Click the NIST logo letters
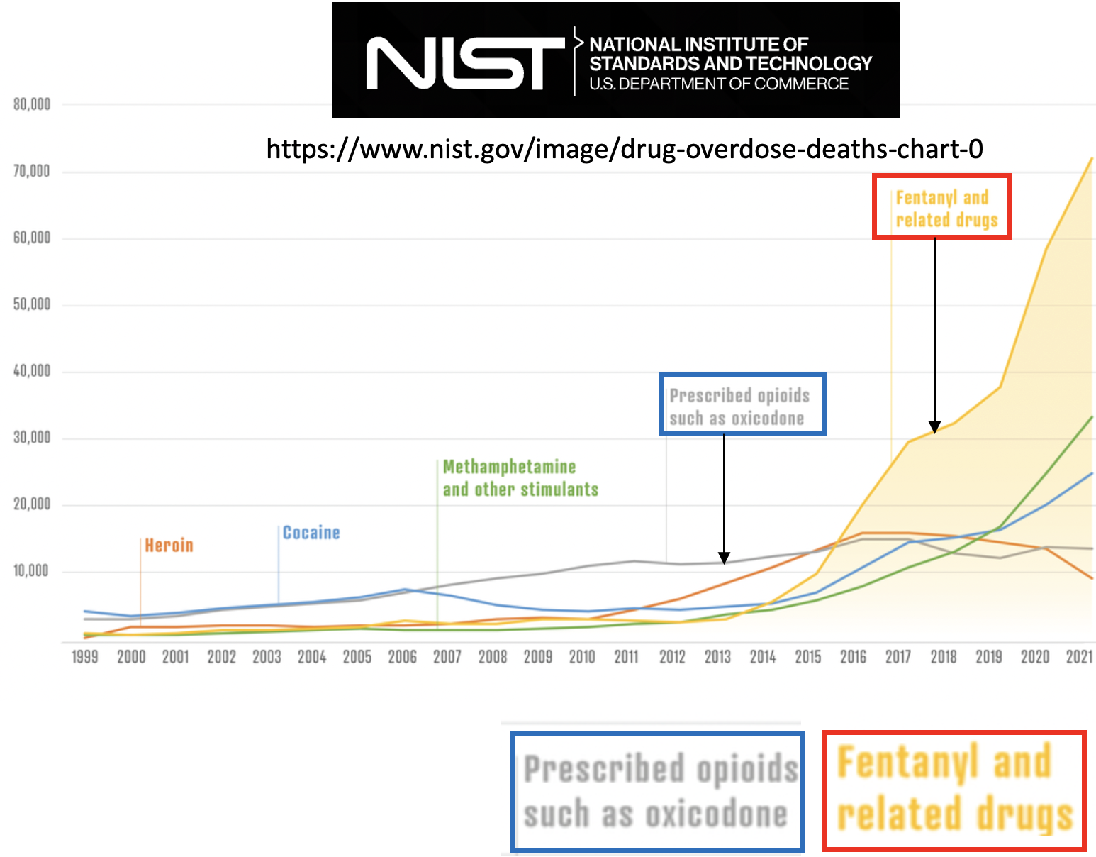[x=464, y=63]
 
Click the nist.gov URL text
[x=624, y=149]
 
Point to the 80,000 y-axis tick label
[x=32, y=105]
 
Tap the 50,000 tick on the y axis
[x=32, y=305]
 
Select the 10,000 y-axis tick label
[x=32, y=571]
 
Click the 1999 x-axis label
[x=85, y=657]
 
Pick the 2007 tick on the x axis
[x=447, y=657]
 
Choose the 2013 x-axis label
[x=717, y=657]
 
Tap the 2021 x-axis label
[x=1079, y=657]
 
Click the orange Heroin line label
[x=169, y=546]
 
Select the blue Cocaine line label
[x=311, y=533]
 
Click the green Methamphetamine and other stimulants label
[x=520, y=478]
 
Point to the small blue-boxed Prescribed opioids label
[x=742, y=405]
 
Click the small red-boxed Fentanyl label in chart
[x=941, y=207]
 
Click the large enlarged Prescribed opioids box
[x=657, y=792]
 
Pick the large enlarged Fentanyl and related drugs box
[x=954, y=790]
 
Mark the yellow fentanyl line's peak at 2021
[x=1091, y=159]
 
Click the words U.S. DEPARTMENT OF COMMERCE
[x=719, y=84]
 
